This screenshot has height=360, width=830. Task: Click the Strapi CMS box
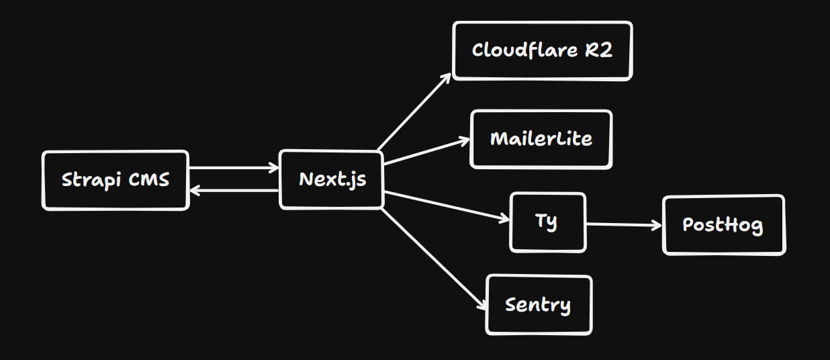tap(116, 180)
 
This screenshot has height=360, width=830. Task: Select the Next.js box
tap(331, 179)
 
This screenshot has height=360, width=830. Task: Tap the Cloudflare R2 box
tap(542, 51)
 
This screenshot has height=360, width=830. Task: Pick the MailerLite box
tap(541, 139)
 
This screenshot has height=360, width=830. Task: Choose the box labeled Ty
tap(547, 222)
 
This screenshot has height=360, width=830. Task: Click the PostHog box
tap(723, 225)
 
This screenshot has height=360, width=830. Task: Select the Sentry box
tap(538, 305)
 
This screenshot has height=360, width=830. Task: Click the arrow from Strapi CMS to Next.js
tap(234, 168)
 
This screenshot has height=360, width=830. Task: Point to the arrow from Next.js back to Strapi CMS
tap(234, 191)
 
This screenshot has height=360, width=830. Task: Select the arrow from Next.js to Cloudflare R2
tap(414, 111)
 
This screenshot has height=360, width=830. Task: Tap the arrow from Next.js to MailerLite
tap(426, 152)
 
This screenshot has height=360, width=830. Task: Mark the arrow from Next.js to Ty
tap(447, 206)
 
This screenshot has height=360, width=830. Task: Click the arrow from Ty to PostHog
tap(623, 225)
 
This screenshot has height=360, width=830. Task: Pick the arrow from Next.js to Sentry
tap(433, 259)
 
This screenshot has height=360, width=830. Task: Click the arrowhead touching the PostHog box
tap(657, 226)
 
